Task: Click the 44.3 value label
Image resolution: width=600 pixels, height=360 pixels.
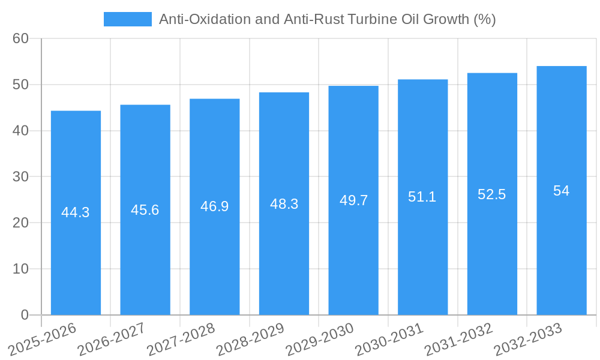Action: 76,212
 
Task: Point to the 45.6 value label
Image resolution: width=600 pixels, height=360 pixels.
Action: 145,210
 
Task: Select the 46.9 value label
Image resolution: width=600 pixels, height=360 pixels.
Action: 214,206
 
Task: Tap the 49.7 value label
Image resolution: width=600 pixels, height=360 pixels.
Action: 353,200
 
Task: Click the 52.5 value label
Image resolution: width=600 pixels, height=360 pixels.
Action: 492,194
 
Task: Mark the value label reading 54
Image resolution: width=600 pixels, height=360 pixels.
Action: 562,191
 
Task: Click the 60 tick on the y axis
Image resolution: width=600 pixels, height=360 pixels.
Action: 21,38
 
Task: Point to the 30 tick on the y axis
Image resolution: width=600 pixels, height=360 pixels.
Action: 21,177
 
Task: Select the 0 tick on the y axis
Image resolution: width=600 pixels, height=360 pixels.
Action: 25,315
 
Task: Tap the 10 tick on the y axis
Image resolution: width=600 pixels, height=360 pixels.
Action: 21,269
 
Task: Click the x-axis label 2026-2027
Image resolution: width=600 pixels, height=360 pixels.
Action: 112,340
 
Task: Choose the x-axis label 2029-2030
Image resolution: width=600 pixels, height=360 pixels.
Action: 320,340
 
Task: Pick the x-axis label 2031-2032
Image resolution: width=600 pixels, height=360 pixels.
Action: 459,340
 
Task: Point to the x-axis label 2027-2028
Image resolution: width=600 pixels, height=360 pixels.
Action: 181,340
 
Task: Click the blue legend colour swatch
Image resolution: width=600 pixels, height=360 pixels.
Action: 127,19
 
